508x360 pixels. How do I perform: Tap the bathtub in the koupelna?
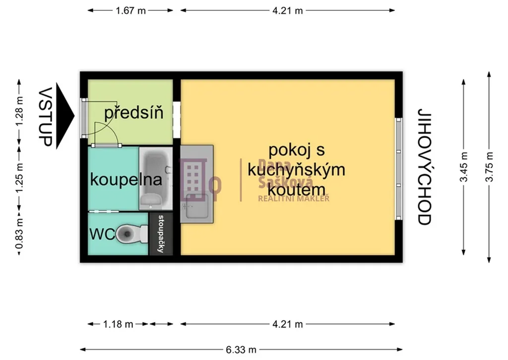(155, 178)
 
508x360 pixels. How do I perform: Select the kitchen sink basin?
(196, 206)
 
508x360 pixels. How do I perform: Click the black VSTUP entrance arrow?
(65, 116)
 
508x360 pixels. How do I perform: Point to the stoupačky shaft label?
(161, 233)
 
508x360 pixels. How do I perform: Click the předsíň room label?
(134, 113)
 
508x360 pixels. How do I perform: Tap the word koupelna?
(126, 179)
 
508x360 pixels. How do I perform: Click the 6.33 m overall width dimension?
(241, 350)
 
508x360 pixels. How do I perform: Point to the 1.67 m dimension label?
(131, 11)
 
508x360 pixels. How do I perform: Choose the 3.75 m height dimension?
(489, 167)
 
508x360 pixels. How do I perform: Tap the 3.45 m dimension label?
(464, 167)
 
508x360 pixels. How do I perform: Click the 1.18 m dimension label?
(118, 324)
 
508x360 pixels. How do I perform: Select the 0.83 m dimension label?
(19, 233)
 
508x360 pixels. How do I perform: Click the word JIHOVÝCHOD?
(425, 167)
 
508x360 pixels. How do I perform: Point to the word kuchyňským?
(297, 170)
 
